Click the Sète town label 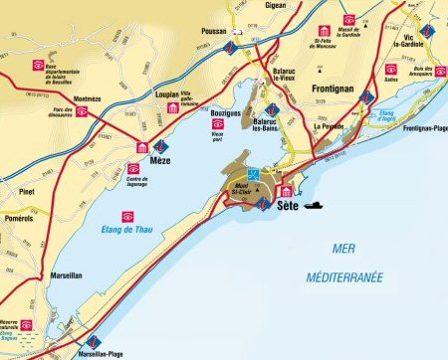pos(287,207)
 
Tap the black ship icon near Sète pos(314,204)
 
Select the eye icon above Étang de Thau pos(127,216)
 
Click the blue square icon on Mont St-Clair pos(253,172)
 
